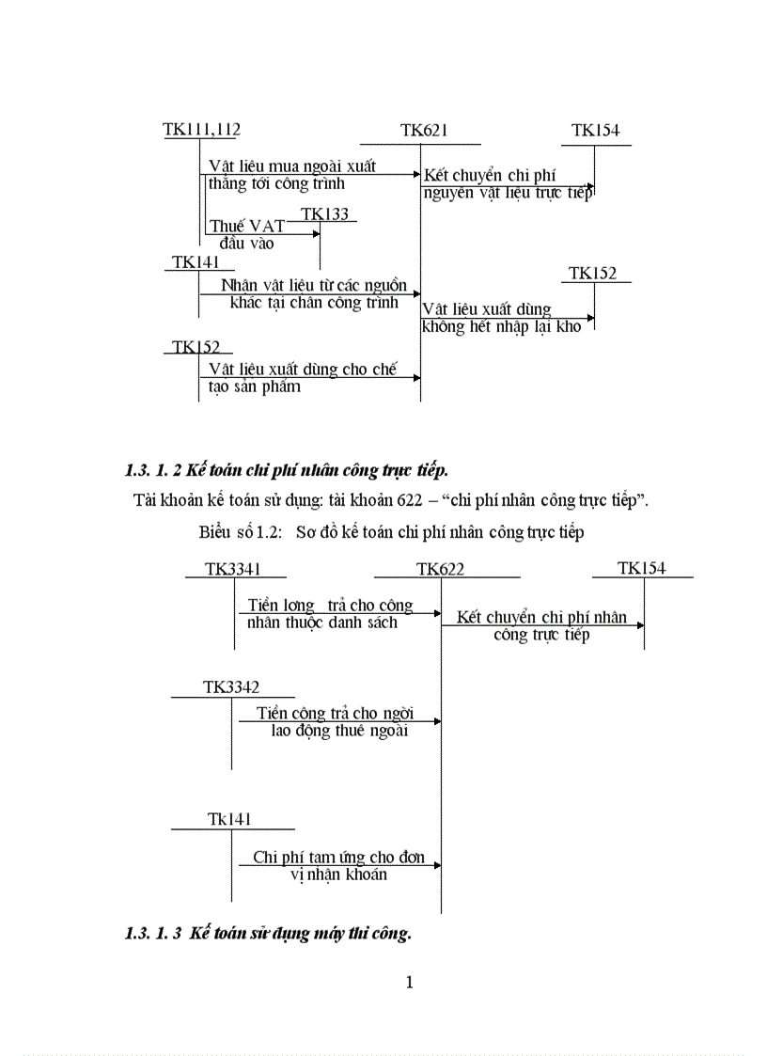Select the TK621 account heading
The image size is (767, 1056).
coord(424,132)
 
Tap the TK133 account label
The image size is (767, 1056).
coord(325,214)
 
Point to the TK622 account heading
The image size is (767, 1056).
coord(440,569)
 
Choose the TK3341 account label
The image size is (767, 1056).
coord(233,568)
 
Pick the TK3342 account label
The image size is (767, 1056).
coord(231,687)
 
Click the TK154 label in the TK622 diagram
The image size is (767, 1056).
coord(642,568)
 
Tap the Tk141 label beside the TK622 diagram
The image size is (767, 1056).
coord(229,820)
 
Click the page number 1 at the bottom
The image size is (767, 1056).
coord(409,983)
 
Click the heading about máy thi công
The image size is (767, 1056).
coord(268,934)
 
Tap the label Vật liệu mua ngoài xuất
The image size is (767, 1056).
coord(292,166)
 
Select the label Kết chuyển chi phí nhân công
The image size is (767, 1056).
coord(541,618)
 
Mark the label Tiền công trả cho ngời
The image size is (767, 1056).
coord(335,713)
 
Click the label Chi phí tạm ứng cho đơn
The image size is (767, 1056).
coord(338,858)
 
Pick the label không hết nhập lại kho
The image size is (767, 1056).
coord(502,327)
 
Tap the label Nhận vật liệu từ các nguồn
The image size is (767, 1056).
coord(314,285)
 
